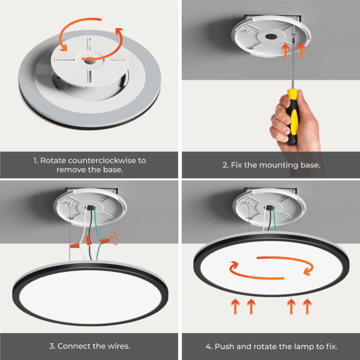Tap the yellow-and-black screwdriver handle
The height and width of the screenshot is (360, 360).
pos(293,116)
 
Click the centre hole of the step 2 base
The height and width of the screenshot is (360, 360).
pos(271,37)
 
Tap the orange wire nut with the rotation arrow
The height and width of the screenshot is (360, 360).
pos(105,241)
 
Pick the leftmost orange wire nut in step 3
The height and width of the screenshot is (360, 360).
pos(75,245)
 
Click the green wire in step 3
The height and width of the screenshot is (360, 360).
pos(97,232)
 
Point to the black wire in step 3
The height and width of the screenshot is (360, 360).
pos(90,232)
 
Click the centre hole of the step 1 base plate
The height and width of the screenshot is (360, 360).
pos(90,60)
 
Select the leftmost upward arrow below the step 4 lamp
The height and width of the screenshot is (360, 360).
pos(235,306)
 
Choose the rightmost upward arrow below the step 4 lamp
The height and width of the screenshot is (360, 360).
pos(307,306)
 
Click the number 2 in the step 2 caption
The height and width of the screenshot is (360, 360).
pos(225,165)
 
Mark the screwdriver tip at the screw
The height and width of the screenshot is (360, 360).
pos(293,35)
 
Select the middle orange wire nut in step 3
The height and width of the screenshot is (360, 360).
pos(89,241)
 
